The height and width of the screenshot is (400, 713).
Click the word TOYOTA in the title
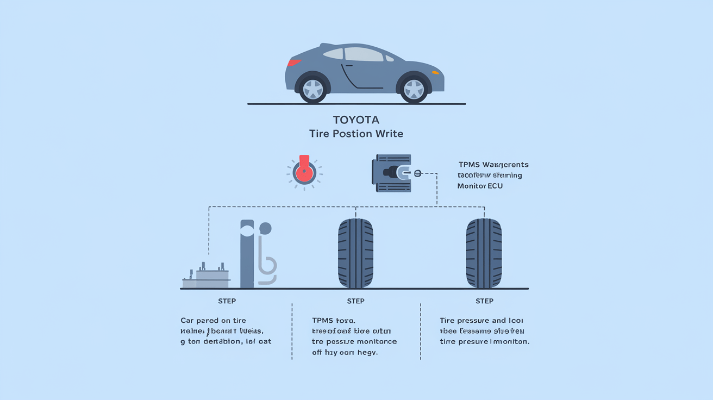[356, 120]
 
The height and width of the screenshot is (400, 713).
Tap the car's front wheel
[414, 89]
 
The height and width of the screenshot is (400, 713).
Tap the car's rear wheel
[313, 89]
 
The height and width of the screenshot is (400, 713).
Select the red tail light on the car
[294, 62]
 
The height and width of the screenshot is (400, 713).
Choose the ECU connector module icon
[392, 173]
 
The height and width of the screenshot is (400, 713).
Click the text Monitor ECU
[480, 186]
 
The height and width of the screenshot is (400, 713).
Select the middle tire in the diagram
[355, 253]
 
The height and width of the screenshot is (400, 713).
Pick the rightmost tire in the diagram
[484, 253]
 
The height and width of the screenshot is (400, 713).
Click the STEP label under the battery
[227, 301]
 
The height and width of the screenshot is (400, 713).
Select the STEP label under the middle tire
[355, 301]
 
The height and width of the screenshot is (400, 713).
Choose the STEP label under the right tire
[484, 301]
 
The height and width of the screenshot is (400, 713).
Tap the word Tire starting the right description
[447, 321]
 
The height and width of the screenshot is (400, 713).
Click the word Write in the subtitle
[388, 134]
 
